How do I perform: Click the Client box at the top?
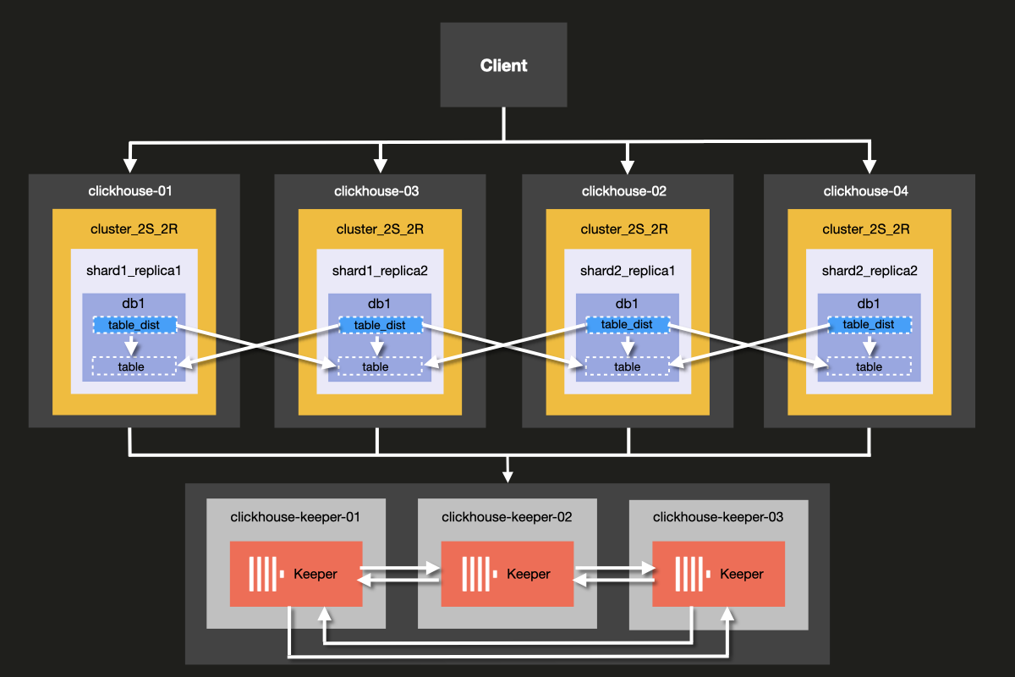(503, 65)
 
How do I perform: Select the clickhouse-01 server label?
(130, 191)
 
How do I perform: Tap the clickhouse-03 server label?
(377, 191)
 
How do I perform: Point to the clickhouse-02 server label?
(624, 191)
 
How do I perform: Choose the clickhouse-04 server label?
(866, 191)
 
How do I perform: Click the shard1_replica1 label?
(134, 271)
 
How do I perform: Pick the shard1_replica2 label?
(380, 271)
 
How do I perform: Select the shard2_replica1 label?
(628, 271)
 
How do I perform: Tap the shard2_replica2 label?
(870, 271)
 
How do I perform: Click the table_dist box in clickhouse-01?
(134, 325)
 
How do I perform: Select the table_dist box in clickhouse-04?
(869, 325)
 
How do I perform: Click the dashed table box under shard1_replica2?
(380, 366)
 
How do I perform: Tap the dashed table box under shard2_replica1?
(627, 366)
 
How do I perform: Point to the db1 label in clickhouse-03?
(380, 304)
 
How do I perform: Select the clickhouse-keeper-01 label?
(296, 516)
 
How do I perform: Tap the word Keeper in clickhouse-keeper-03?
(742, 574)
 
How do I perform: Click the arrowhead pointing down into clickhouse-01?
(130, 162)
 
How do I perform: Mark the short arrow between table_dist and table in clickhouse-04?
(869, 346)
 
